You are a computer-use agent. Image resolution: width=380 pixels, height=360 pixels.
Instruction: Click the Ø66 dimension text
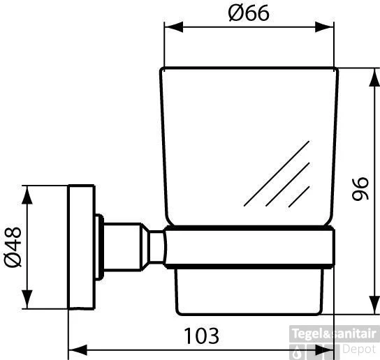coord(249,13)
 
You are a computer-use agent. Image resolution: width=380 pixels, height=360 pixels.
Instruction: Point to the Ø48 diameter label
coord(13,248)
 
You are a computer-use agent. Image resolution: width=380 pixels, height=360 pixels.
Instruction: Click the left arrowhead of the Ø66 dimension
coord(170,27)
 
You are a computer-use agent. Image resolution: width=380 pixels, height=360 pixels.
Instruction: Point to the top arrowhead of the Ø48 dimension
coord(28,192)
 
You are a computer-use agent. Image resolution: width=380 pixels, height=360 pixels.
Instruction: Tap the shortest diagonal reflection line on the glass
coord(299,196)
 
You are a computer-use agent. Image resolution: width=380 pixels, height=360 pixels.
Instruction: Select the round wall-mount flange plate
coord(82,248)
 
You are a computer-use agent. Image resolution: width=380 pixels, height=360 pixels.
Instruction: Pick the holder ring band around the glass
coord(249,248)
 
